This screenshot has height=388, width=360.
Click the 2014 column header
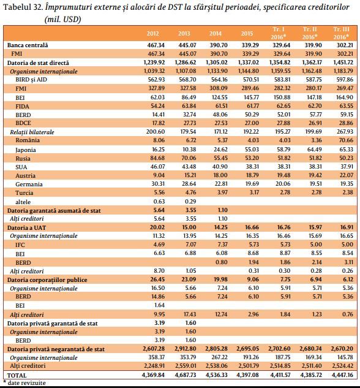(216, 33)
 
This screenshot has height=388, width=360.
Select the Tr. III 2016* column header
(341, 33)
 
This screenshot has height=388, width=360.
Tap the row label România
(28, 140)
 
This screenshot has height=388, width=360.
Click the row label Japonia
(26, 150)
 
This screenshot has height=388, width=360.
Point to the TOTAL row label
(17, 375)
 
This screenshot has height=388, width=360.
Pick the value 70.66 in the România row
(346, 140)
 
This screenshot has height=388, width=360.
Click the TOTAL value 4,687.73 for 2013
(186, 375)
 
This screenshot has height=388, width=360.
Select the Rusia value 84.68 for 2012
(157, 158)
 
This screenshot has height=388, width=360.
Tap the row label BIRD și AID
(31, 80)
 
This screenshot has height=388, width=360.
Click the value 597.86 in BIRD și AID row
(345, 80)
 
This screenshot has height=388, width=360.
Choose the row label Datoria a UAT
(27, 227)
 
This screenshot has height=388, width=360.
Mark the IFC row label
(20, 245)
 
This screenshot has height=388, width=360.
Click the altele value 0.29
(190, 202)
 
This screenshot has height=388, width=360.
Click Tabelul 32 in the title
(23, 7)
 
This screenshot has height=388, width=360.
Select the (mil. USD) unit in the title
(63, 19)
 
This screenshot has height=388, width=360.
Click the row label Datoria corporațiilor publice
(47, 280)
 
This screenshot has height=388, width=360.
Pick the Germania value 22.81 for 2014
(220, 184)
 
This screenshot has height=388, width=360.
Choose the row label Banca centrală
(28, 45)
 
